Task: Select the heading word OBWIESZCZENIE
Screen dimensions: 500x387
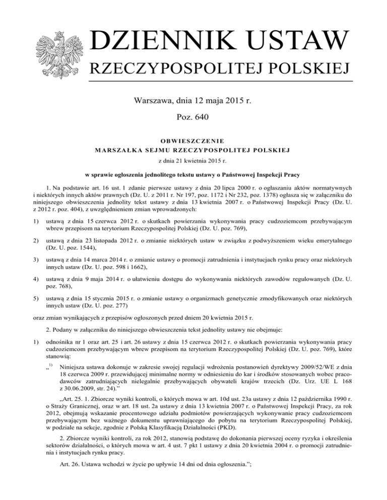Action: click(193, 140)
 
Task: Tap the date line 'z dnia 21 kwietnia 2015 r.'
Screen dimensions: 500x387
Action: click(193, 160)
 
